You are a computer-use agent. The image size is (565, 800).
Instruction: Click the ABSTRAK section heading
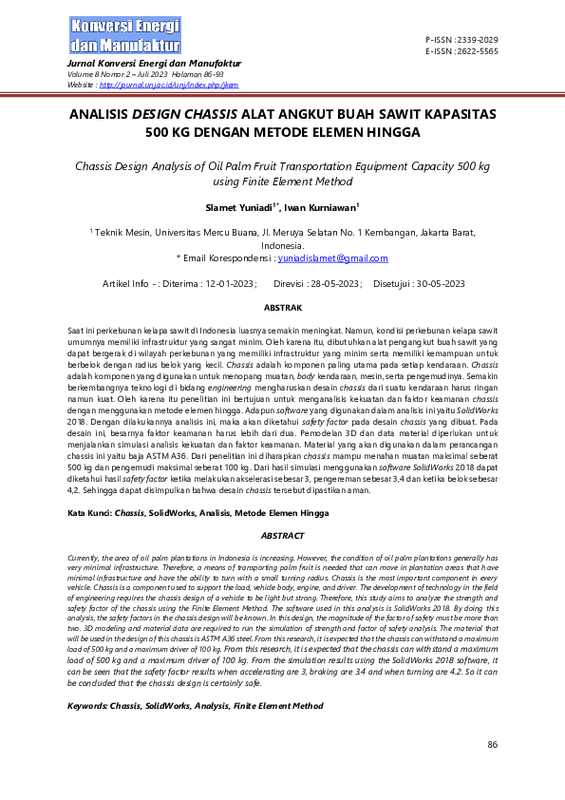tap(282, 308)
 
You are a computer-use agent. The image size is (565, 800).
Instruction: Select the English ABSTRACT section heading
tap(282, 535)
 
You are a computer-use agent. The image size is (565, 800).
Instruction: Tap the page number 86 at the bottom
tap(492, 744)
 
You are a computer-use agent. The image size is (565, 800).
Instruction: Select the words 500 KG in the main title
tap(169, 133)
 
